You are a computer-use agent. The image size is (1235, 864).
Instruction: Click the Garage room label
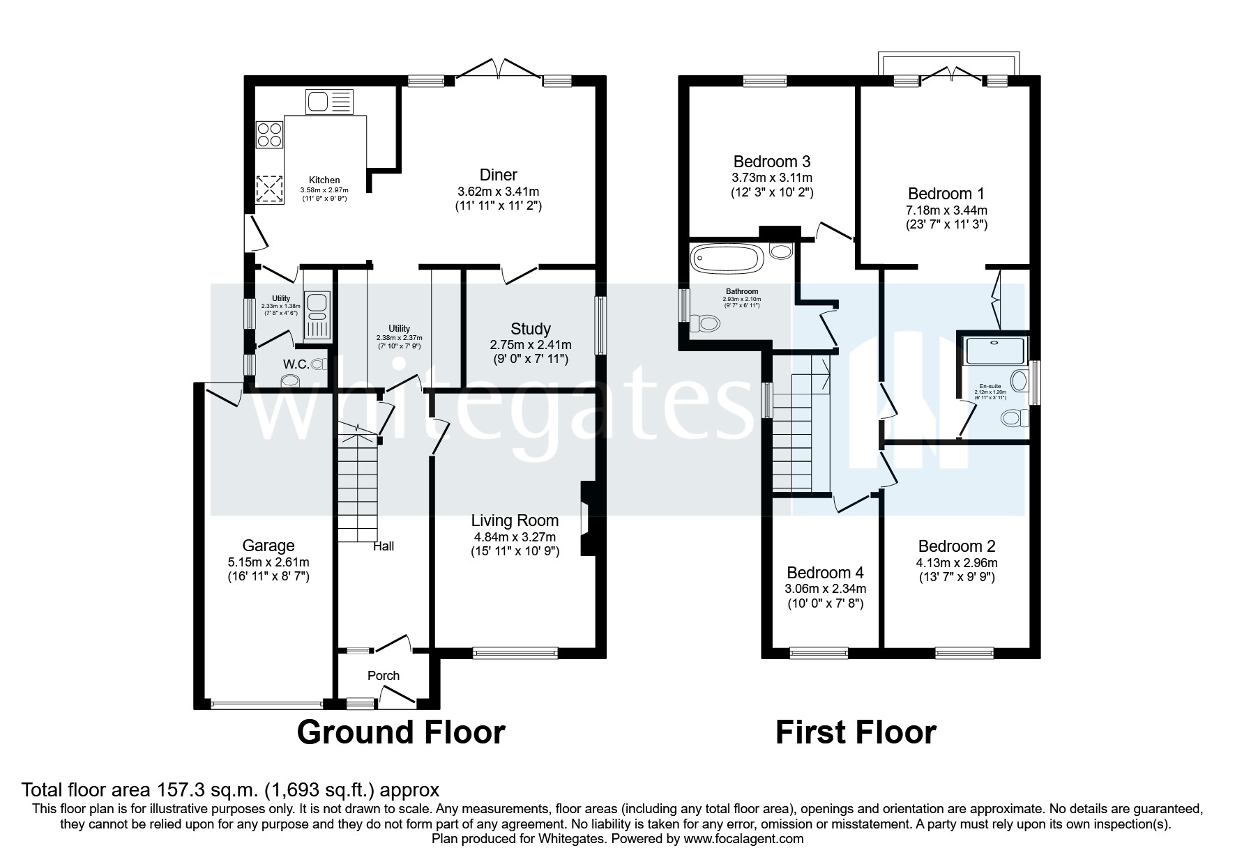coord(268,546)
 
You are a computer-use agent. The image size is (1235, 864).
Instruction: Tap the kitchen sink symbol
coord(330,102)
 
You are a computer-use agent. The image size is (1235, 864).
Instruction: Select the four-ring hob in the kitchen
coord(269,134)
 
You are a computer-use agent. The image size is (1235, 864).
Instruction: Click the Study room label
coord(531,329)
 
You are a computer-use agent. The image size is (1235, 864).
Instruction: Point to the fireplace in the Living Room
coord(586,519)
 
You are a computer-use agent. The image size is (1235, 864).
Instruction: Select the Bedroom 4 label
coord(825,573)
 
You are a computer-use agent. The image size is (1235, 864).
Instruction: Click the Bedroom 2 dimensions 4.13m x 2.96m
coord(957,563)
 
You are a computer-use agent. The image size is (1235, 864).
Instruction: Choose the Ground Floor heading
coord(401,732)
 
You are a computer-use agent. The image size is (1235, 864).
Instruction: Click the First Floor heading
coord(856,732)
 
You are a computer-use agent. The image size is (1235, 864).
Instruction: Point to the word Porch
coord(384,675)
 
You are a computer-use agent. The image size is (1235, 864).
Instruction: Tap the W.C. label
coord(296,364)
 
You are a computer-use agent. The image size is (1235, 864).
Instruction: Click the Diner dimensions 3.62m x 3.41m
coord(499,191)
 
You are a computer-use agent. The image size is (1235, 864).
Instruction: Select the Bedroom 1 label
coord(946,194)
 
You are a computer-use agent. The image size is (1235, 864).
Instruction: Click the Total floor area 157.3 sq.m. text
coord(230,789)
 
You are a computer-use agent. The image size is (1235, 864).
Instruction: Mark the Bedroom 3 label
coord(772,162)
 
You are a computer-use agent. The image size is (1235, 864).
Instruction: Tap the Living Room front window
coord(515,652)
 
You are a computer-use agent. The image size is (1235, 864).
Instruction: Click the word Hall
coord(384,546)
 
